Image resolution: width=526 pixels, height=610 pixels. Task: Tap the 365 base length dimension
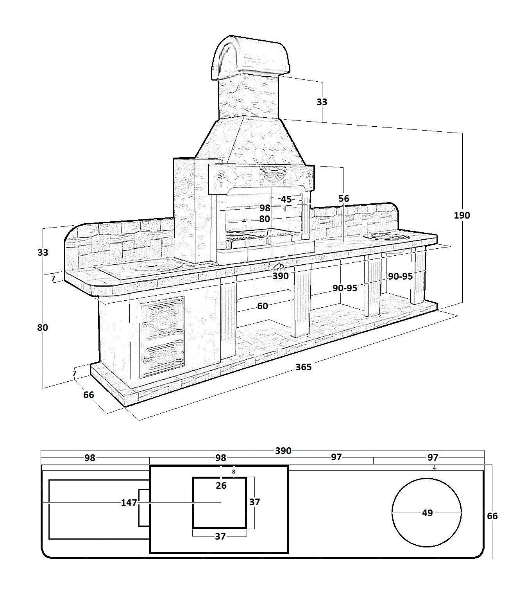(x=303, y=367)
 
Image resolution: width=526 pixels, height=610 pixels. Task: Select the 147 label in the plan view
(x=129, y=503)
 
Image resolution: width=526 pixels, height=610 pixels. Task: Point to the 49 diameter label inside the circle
(x=427, y=512)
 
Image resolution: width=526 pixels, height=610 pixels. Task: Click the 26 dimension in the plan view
(x=221, y=486)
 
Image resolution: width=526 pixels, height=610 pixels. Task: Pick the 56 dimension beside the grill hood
(x=344, y=199)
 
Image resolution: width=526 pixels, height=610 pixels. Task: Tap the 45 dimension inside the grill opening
(x=286, y=199)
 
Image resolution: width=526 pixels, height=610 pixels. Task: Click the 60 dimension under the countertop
(x=262, y=306)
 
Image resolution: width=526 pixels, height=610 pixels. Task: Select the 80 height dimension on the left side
(x=42, y=327)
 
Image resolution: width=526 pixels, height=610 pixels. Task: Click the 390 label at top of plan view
(x=283, y=451)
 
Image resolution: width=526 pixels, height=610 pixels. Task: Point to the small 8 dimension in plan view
(x=234, y=472)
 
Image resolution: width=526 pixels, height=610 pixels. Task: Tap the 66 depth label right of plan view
(x=492, y=516)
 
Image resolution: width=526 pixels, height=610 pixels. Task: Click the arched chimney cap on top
(x=250, y=56)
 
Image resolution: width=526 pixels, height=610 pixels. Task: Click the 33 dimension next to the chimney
(x=322, y=102)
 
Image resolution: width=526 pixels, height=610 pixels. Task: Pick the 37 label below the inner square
(x=220, y=536)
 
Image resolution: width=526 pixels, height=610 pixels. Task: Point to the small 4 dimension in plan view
(x=434, y=468)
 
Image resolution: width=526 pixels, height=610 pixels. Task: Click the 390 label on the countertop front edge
(x=280, y=276)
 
